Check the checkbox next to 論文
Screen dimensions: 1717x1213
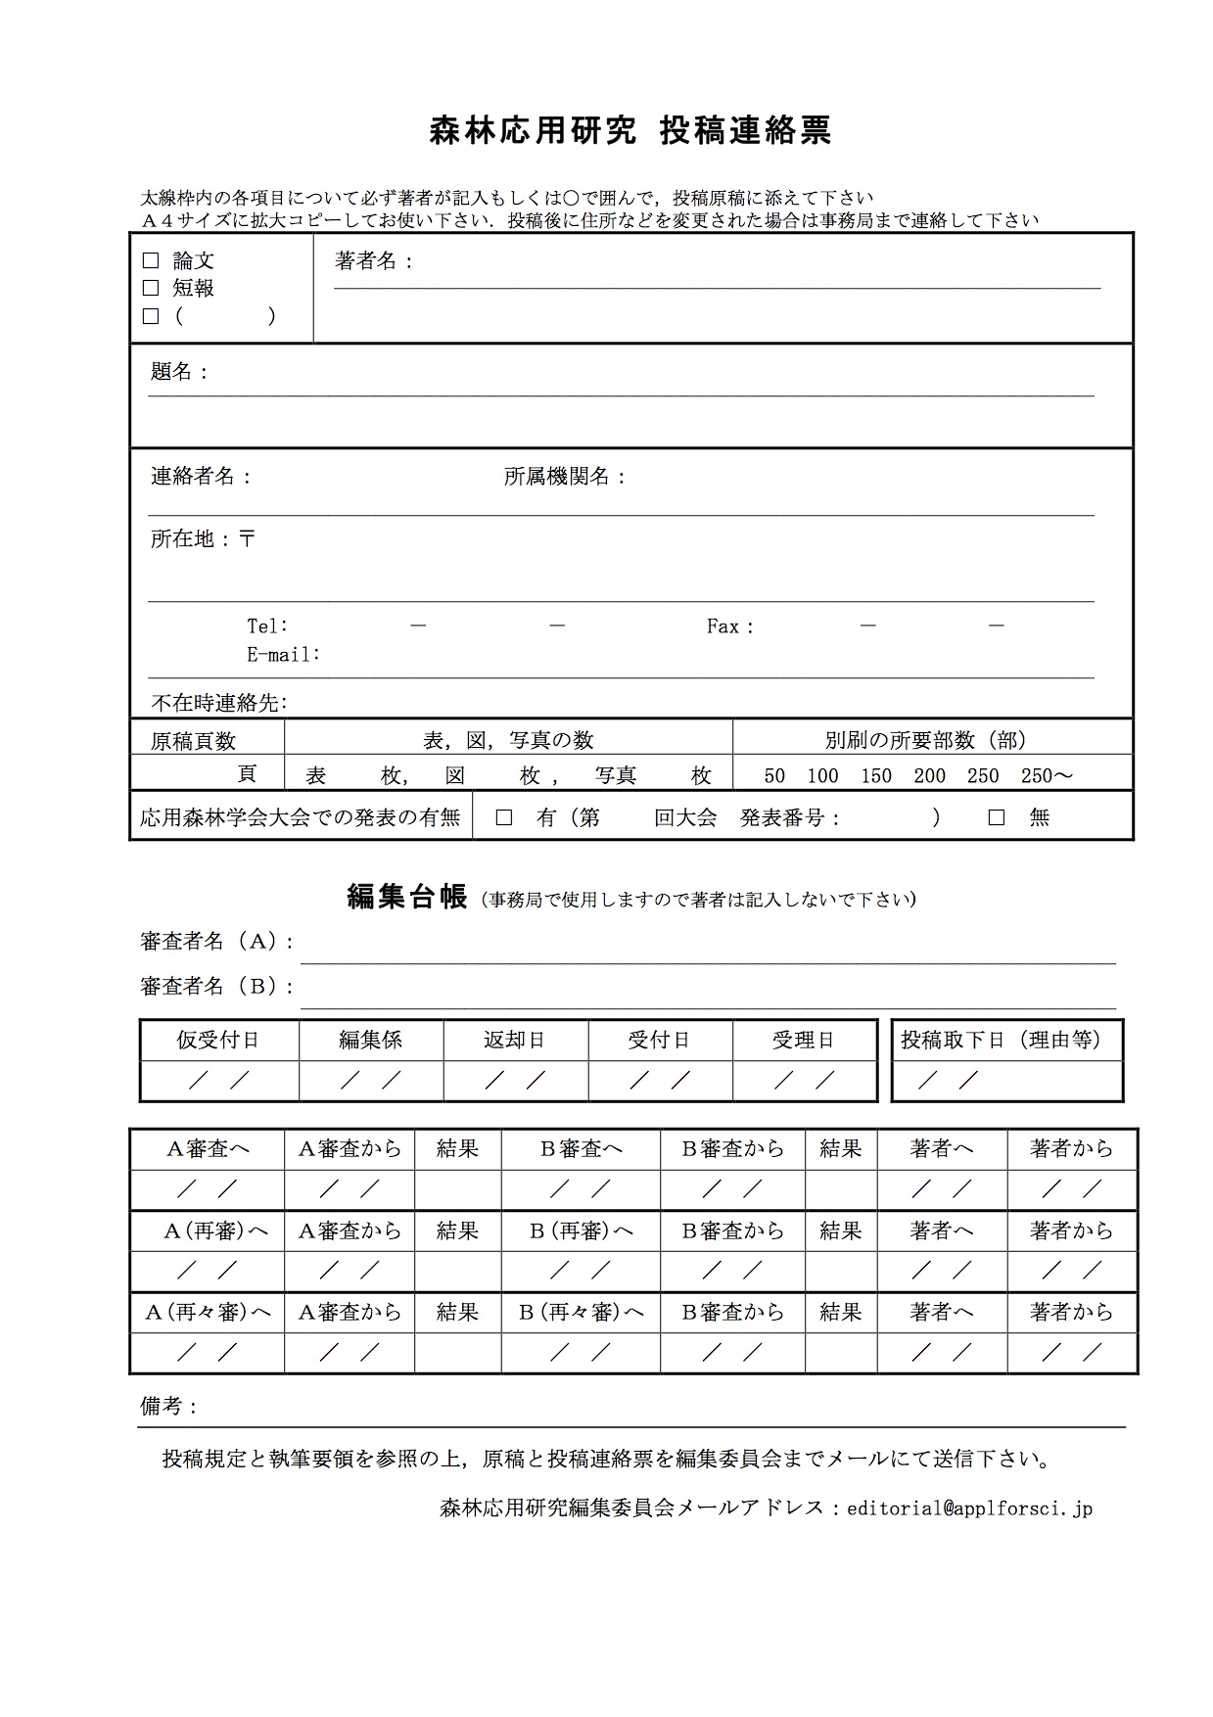pyautogui.click(x=151, y=260)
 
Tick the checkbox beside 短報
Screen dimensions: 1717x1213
pyautogui.click(x=151, y=288)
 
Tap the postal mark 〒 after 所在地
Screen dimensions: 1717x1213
pyautogui.click(x=248, y=538)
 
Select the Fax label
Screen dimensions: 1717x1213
pyautogui.click(x=729, y=626)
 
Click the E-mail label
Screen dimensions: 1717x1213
pyautogui.click(x=283, y=654)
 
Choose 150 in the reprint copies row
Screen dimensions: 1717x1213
pyautogui.click(x=876, y=776)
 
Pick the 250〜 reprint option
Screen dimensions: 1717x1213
pyautogui.click(x=1047, y=776)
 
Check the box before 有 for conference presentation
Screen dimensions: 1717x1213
pyautogui.click(x=504, y=817)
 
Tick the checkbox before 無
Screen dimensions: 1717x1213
pyautogui.click(x=997, y=817)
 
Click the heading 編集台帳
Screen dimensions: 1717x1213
pyautogui.click(x=407, y=897)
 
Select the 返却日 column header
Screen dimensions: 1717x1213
pyautogui.click(x=515, y=1040)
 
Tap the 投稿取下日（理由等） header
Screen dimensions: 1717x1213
pyautogui.click(x=1002, y=1040)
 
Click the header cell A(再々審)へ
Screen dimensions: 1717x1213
pyautogui.click(x=208, y=1313)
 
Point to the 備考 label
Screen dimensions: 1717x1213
pyautogui.click(x=169, y=1407)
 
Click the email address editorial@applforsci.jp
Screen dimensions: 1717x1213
pyautogui.click(x=969, y=1508)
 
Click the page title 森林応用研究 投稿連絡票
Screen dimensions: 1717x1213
pyautogui.click(x=630, y=130)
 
